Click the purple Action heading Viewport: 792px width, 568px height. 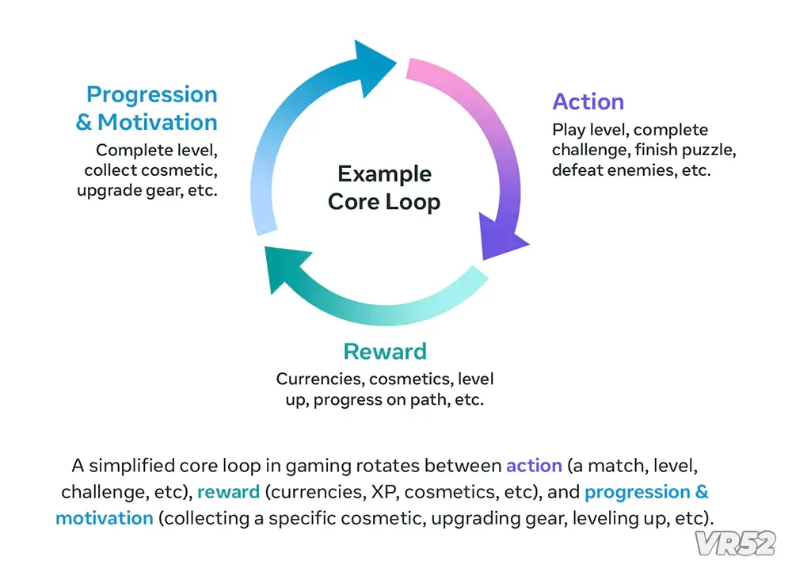pos(588,101)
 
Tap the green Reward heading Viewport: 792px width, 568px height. pos(385,351)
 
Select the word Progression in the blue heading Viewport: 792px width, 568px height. pos(151,95)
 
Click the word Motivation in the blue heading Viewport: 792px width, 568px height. pos(157,122)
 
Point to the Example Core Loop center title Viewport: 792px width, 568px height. pos(384,188)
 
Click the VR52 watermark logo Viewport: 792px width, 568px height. pos(735,543)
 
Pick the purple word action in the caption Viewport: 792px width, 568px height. pos(534,466)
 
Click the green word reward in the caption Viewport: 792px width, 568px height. pos(228,492)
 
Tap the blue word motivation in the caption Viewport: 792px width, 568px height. pos(105,518)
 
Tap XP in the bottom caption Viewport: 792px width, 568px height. pos(384,492)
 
